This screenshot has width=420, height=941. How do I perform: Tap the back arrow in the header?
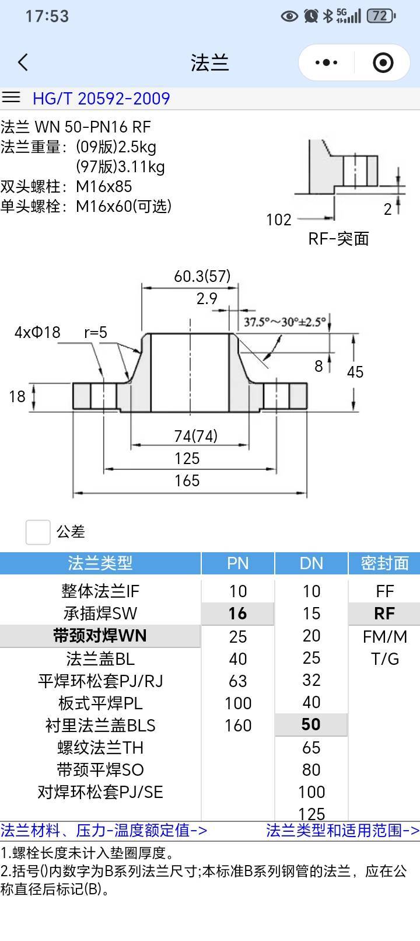[x=23, y=62]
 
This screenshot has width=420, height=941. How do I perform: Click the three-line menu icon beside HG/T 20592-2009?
[x=11, y=97]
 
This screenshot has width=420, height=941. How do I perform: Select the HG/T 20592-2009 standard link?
[x=101, y=98]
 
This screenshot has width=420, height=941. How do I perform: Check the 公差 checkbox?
[x=38, y=532]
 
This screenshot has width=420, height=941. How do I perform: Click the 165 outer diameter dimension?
[x=187, y=480]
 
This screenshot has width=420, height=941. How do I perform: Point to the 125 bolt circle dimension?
[x=187, y=458]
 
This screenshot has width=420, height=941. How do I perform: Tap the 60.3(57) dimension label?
[x=202, y=277]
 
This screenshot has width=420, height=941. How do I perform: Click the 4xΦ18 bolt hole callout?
[x=37, y=332]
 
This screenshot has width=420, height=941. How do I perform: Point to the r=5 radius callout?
[x=95, y=332]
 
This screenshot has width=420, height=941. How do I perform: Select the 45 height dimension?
[x=355, y=372]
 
